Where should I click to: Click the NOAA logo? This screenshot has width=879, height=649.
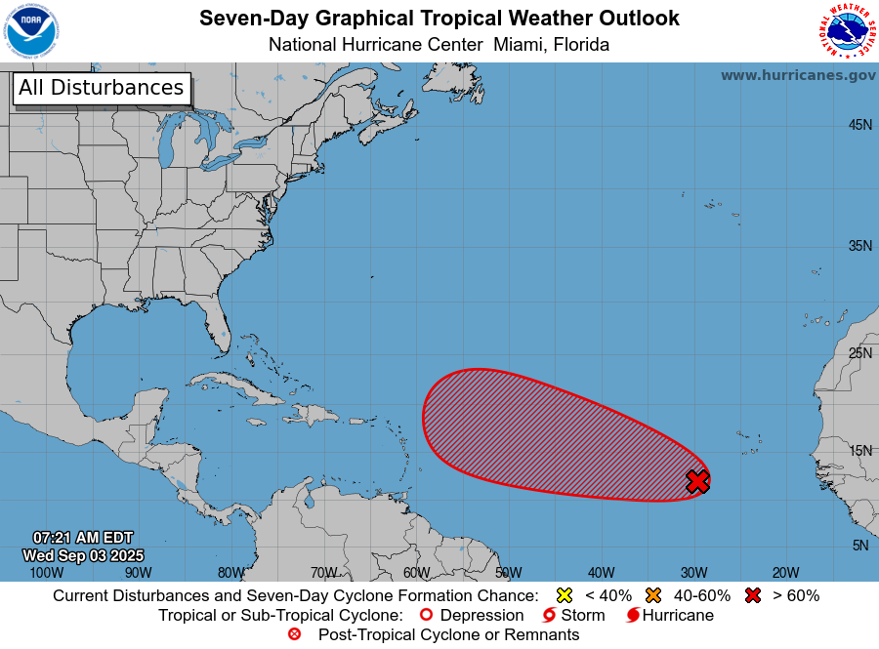pyautogui.click(x=31, y=31)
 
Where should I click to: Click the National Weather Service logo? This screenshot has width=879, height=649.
pyautogui.click(x=846, y=31)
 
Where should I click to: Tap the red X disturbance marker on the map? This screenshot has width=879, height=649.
pyautogui.click(x=697, y=481)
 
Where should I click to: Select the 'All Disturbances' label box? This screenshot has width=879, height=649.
pyautogui.click(x=102, y=88)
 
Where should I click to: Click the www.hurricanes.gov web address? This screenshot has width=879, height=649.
pyautogui.click(x=798, y=75)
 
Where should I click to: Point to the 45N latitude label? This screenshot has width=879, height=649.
pyautogui.click(x=859, y=125)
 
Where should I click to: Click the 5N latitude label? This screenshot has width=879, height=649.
pyautogui.click(x=859, y=546)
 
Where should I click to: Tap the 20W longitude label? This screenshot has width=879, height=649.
pyautogui.click(x=785, y=573)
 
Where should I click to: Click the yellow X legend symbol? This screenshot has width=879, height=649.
pyautogui.click(x=564, y=595)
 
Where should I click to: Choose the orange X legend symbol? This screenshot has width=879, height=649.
pyautogui.click(x=653, y=595)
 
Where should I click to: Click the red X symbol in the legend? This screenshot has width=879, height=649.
pyautogui.click(x=752, y=595)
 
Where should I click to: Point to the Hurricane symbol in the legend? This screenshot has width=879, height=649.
pyautogui.click(x=633, y=616)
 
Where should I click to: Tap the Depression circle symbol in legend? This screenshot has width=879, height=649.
pyautogui.click(x=425, y=616)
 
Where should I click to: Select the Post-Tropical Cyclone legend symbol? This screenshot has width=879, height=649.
pyautogui.click(x=294, y=635)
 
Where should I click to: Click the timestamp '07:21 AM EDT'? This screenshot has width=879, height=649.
pyautogui.click(x=83, y=538)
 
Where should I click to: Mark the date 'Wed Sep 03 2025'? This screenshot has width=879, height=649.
pyautogui.click(x=83, y=555)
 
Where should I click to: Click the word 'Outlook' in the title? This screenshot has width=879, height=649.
pyautogui.click(x=635, y=19)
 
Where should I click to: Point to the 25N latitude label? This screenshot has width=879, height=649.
pyautogui.click(x=859, y=352)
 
